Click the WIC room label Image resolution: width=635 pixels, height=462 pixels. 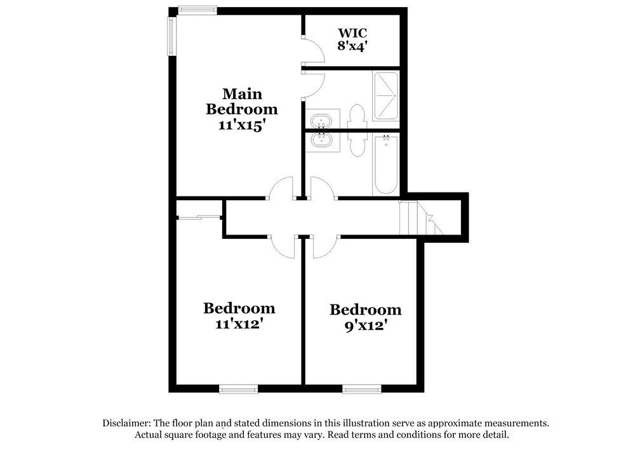[x=352, y=32]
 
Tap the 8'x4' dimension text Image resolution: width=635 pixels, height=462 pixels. [x=352, y=46]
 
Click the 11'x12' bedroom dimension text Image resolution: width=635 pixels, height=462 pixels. [x=239, y=323]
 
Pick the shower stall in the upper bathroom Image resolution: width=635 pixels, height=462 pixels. [x=385, y=96]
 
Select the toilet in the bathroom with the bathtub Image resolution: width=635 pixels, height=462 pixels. [x=357, y=142]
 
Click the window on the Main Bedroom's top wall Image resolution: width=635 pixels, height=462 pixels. [x=197, y=10]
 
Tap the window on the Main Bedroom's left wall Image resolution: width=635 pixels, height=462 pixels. [x=171, y=36]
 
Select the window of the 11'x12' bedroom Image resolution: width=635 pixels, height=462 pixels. [x=239, y=389]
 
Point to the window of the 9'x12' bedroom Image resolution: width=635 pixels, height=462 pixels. [x=361, y=389]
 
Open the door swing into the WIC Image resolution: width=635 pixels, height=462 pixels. [x=312, y=50]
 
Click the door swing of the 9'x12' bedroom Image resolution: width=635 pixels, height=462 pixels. [x=326, y=247]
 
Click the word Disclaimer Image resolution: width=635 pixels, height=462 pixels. [x=126, y=423]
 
